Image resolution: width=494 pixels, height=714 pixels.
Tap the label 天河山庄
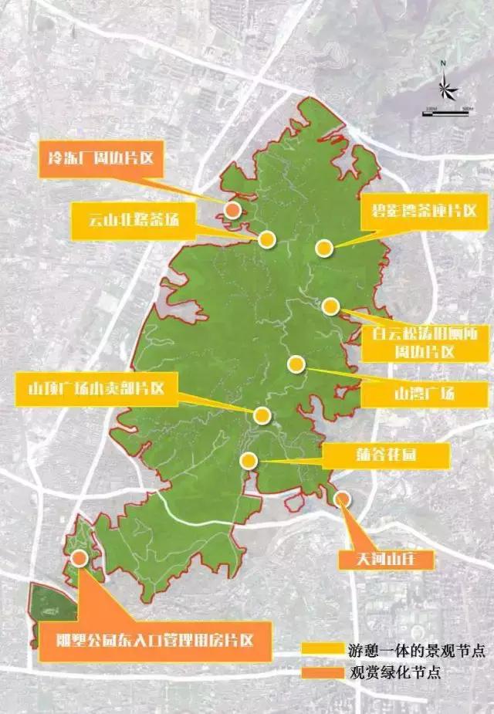[381, 557]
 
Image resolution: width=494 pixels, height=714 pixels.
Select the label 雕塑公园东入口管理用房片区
[153, 639]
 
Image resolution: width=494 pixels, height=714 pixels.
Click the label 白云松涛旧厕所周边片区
[413, 344]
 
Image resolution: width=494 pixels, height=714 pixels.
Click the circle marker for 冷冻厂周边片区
[232, 209]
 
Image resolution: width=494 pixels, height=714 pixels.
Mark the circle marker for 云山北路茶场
[267, 239]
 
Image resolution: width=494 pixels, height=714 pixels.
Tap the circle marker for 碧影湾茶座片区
[323, 248]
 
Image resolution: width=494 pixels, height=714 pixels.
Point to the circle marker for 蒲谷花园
[249, 461]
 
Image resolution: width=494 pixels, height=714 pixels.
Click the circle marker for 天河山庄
[342, 499]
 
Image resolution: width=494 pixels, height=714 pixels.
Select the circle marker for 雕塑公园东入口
[79, 559]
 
